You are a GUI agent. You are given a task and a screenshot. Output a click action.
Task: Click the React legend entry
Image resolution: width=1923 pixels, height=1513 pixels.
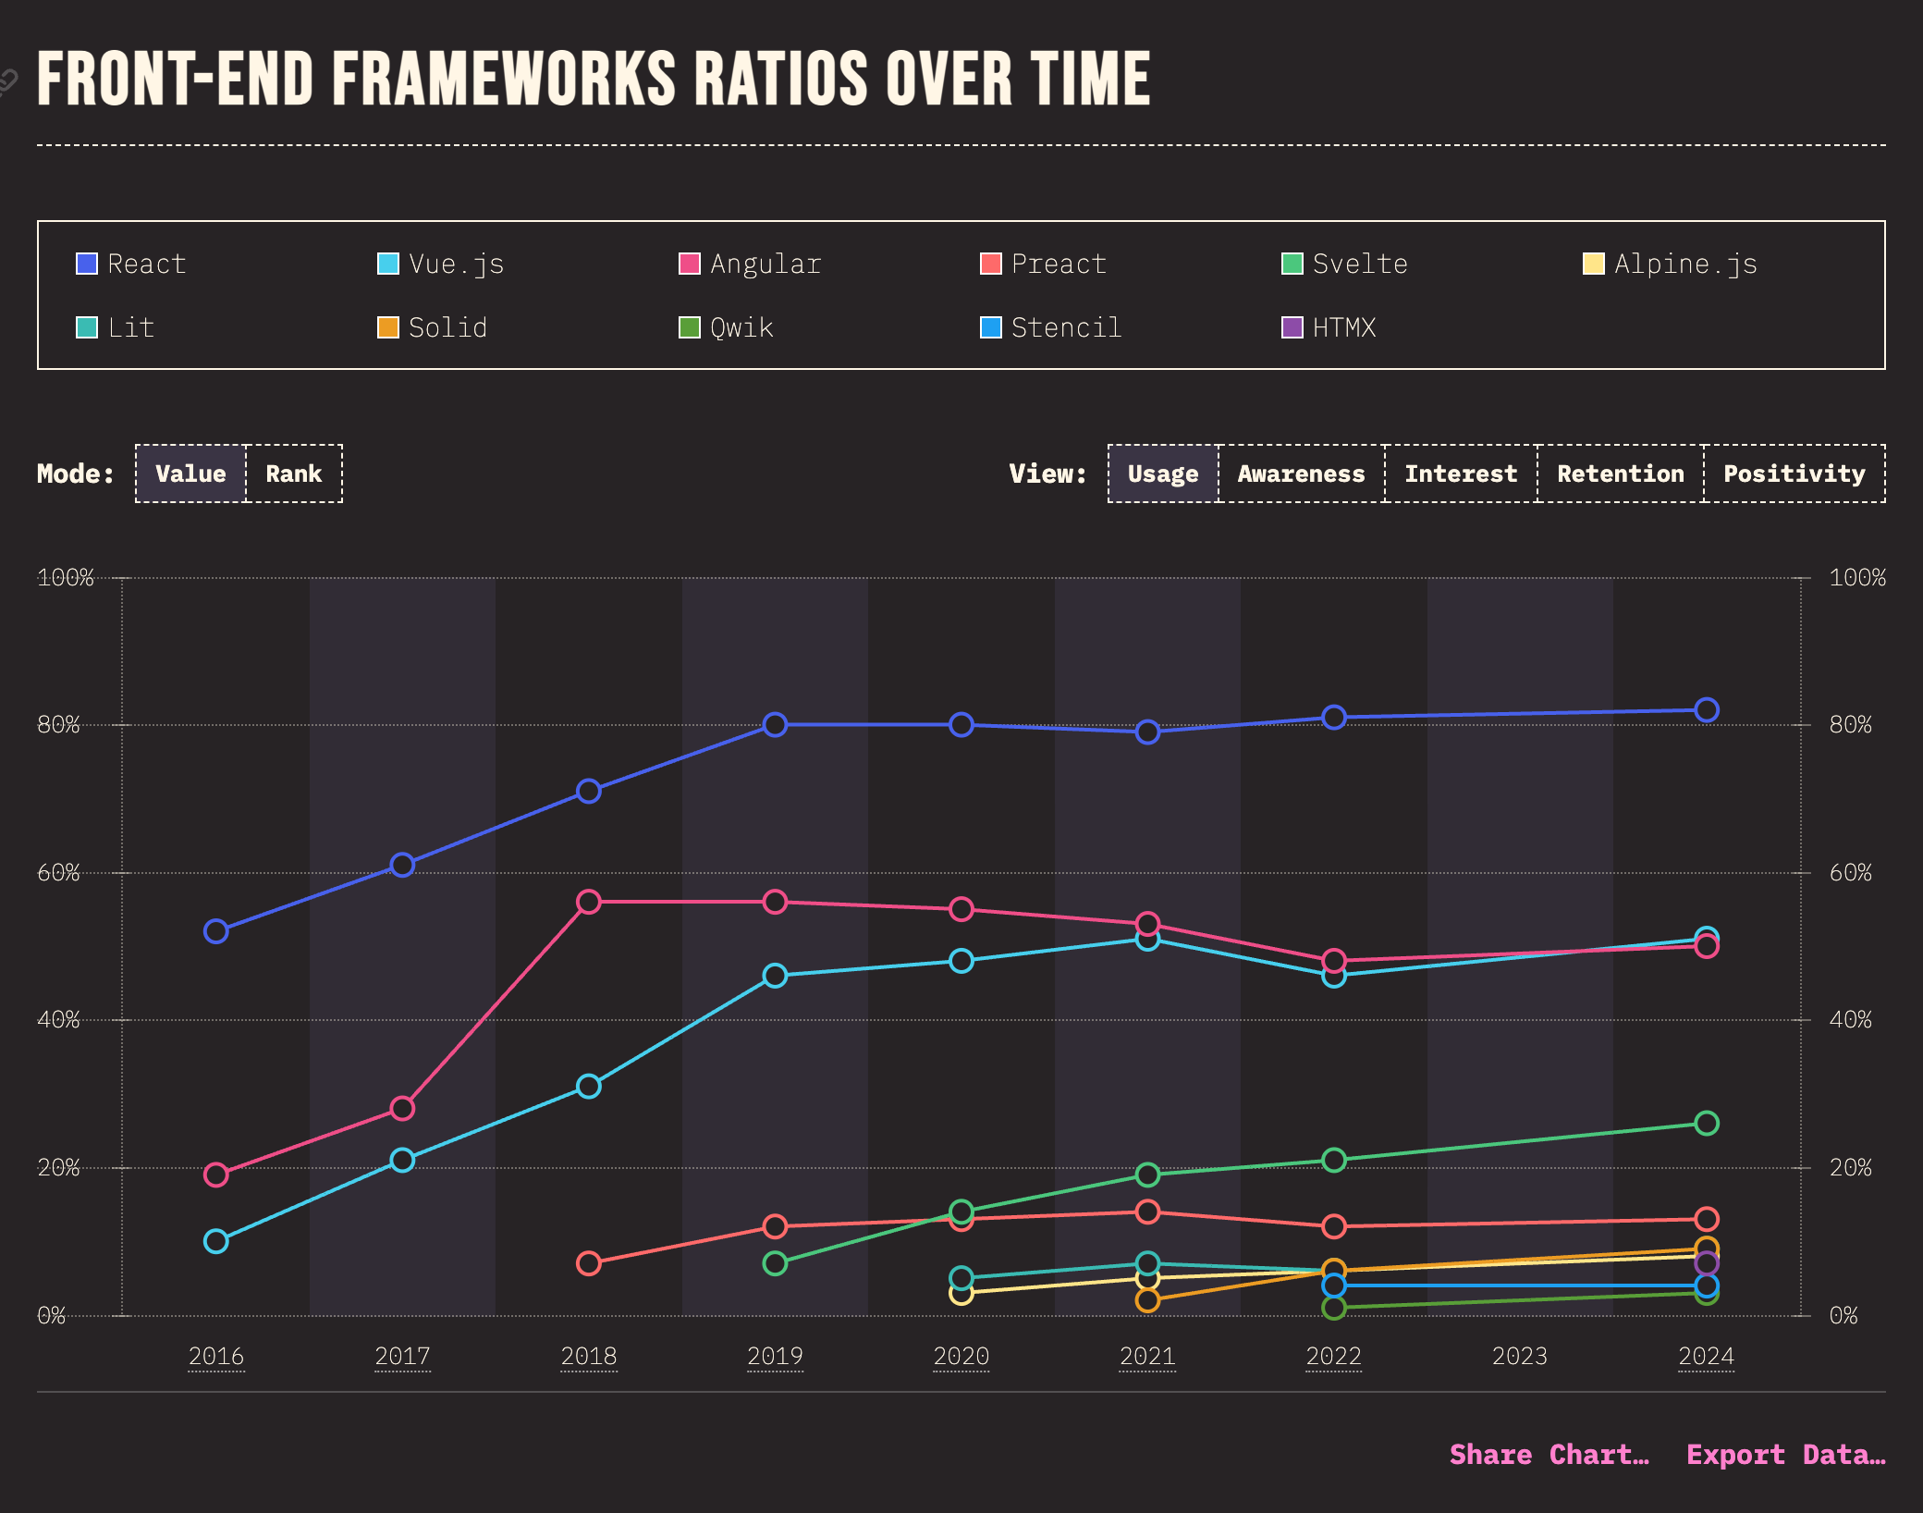tap(131, 264)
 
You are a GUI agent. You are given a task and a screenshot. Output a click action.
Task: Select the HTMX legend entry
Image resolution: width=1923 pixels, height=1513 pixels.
tap(1329, 328)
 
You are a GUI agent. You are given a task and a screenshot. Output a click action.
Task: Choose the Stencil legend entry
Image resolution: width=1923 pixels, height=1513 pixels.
tap(1051, 328)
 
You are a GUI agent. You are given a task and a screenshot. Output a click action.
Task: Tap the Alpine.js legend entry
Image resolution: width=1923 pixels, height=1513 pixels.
tap(1670, 264)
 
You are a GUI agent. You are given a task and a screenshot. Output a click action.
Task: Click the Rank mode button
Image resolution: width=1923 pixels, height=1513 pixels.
tap(294, 474)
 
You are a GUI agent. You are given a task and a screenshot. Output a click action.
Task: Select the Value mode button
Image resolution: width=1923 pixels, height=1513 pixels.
tap(190, 474)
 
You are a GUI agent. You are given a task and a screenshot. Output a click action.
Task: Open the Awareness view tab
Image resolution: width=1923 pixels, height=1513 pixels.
tap(1301, 474)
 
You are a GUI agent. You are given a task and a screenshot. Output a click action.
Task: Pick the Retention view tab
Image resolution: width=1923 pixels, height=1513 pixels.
tap(1620, 474)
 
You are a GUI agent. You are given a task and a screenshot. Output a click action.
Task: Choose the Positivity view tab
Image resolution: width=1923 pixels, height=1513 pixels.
tap(1794, 474)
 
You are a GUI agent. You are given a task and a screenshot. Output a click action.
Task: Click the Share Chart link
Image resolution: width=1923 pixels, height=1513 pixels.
tap(1549, 1455)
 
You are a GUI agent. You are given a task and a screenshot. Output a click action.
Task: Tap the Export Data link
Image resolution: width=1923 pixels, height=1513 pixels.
tap(1786, 1455)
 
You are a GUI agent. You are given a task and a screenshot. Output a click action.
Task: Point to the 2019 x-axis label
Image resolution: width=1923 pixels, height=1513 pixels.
tap(775, 1357)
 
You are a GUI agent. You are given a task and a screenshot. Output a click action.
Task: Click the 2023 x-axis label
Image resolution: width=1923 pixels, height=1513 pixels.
tap(1519, 1357)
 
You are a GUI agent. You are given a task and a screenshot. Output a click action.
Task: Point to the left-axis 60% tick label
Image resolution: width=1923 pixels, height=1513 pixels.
tap(58, 873)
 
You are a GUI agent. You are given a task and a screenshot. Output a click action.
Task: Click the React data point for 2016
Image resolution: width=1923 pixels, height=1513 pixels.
tap(215, 931)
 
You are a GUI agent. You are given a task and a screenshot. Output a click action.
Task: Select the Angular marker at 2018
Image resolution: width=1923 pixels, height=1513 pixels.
tap(589, 902)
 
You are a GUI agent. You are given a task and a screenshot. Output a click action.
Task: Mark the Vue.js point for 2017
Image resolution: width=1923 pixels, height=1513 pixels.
tap(402, 1160)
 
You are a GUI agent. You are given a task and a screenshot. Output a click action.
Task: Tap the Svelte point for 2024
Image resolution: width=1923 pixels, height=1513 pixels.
tap(1707, 1123)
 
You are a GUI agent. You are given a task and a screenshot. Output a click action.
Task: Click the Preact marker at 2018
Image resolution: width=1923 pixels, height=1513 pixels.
tap(589, 1263)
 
